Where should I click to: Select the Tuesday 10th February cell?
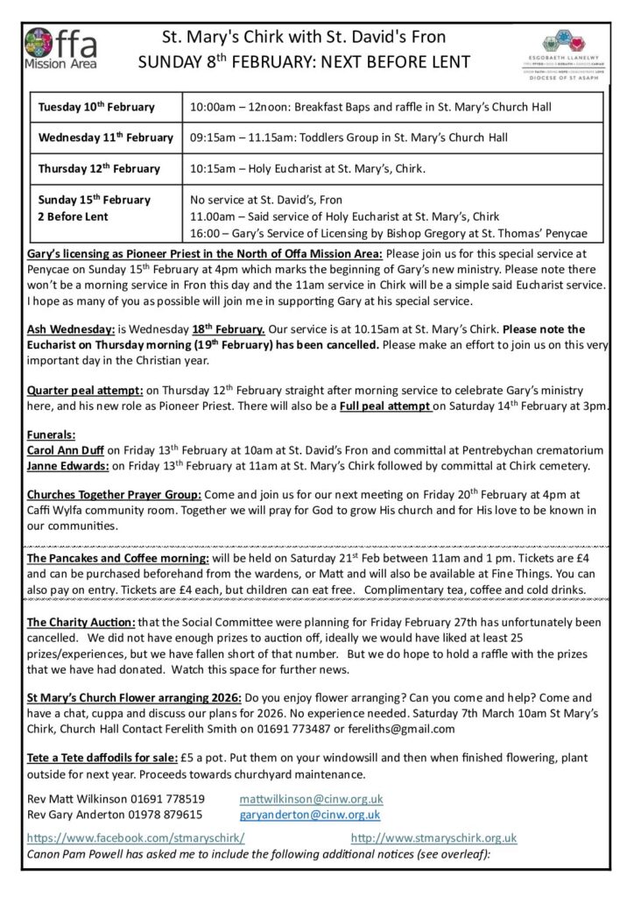point(96,107)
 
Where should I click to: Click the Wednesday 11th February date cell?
point(106,138)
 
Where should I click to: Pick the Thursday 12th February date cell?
point(99,168)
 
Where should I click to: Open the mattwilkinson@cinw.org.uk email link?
point(311,799)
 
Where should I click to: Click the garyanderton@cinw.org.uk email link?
point(311,814)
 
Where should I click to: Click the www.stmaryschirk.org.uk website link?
point(433,837)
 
